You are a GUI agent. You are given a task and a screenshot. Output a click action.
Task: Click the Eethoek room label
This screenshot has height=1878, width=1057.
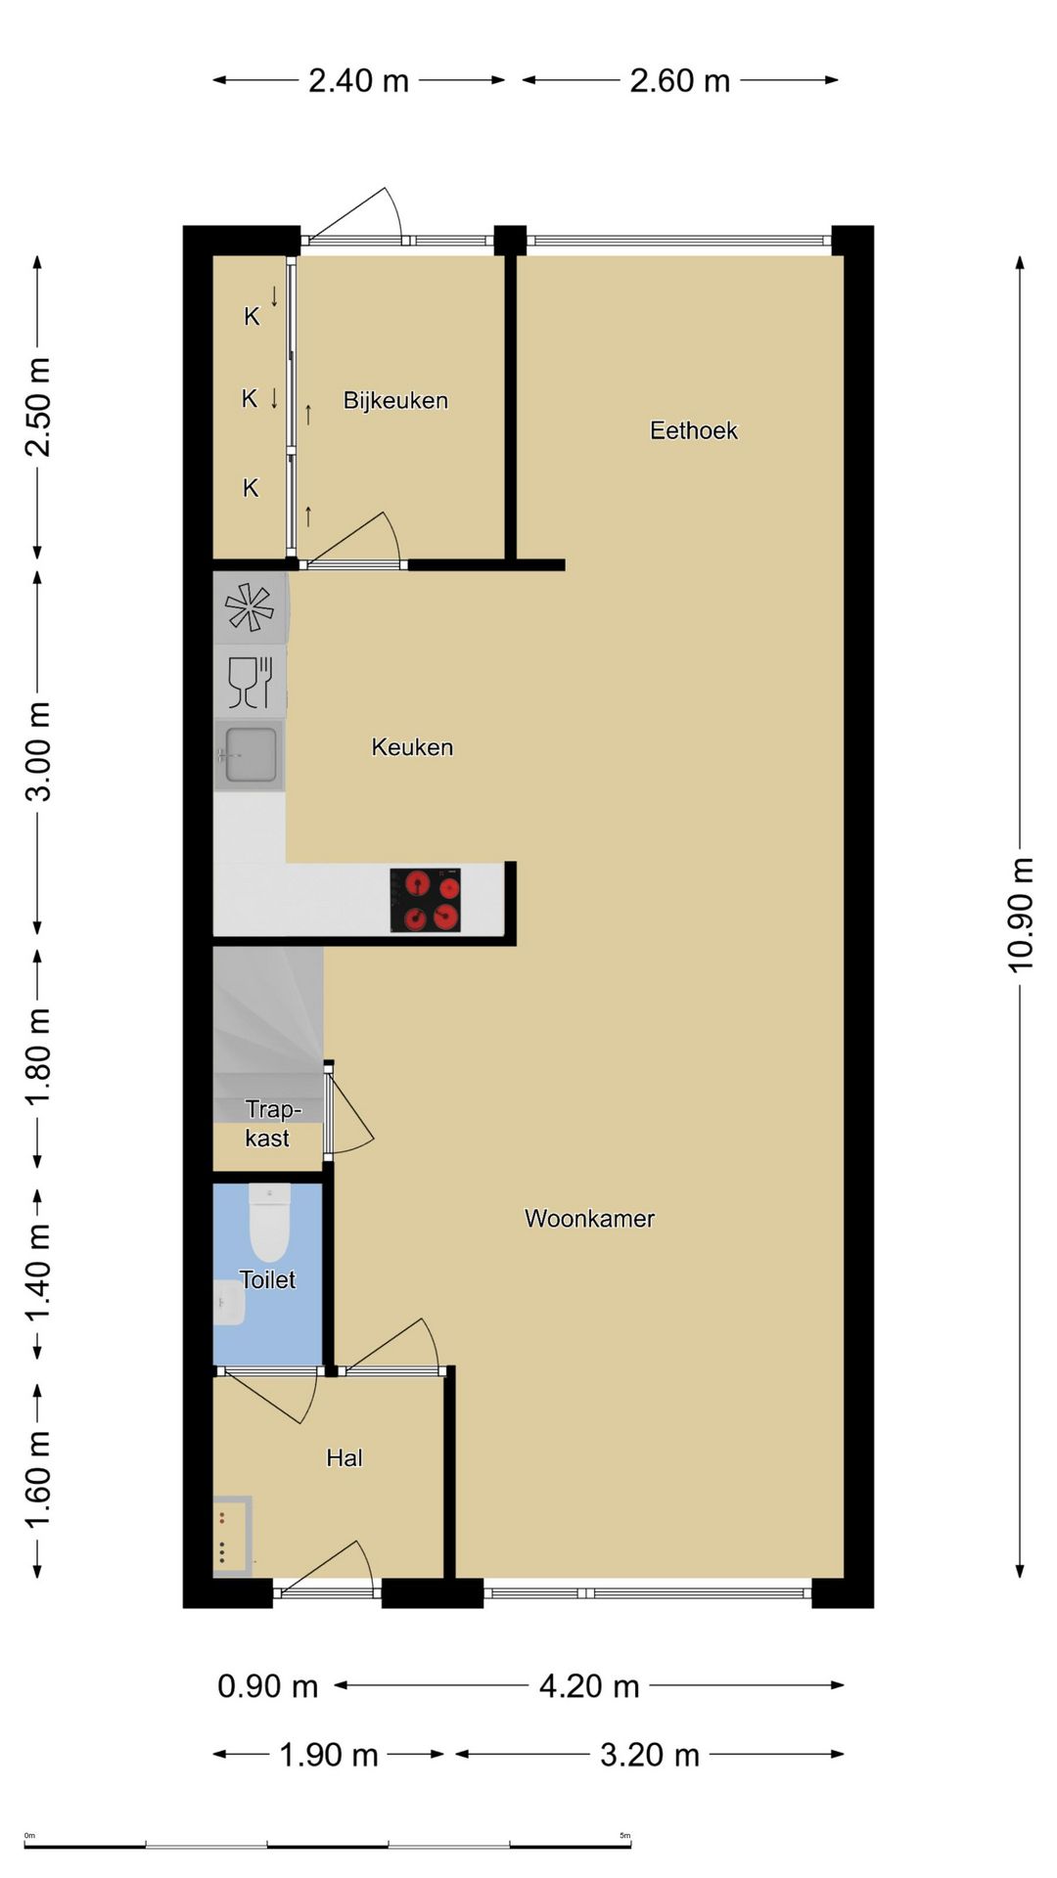[x=693, y=430]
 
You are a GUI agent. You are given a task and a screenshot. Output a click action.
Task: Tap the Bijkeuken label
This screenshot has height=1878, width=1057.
[x=395, y=400]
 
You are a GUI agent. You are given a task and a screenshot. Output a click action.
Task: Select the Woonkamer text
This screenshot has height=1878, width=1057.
[x=589, y=1218]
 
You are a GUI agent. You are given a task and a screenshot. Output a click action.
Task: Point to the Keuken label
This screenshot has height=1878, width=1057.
[x=412, y=747]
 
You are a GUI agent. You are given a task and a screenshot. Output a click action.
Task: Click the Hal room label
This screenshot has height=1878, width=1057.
[x=345, y=1457]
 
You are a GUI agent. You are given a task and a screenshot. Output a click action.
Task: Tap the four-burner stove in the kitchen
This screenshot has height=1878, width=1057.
[x=426, y=900]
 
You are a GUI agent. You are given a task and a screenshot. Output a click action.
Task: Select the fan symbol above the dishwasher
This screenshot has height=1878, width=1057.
[x=250, y=607]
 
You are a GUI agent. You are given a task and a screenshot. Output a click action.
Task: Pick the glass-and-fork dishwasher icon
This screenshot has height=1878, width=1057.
[x=250, y=682]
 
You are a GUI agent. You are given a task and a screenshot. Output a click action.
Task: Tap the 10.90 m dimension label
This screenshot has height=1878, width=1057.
[x=1021, y=915]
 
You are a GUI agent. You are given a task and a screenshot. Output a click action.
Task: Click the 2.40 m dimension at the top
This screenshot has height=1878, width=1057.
[x=358, y=80]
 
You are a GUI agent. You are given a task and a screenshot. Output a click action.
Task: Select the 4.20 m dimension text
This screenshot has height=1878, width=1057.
[x=589, y=1686]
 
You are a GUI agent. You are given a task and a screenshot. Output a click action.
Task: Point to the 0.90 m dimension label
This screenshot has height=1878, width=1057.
[x=267, y=1686]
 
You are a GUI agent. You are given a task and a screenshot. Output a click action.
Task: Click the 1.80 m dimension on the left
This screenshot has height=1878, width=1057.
[x=37, y=1056]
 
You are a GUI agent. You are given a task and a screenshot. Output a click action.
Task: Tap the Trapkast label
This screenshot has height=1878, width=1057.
[x=270, y=1123]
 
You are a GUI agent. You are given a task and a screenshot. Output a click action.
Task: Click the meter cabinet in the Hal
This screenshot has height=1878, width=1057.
[x=233, y=1536]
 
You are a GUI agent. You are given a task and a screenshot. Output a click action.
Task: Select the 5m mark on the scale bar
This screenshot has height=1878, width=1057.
[x=625, y=1835]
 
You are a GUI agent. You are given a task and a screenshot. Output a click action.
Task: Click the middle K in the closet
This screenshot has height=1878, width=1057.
[x=250, y=398]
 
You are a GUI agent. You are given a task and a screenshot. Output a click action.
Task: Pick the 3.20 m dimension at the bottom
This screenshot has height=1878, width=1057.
[x=650, y=1755]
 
